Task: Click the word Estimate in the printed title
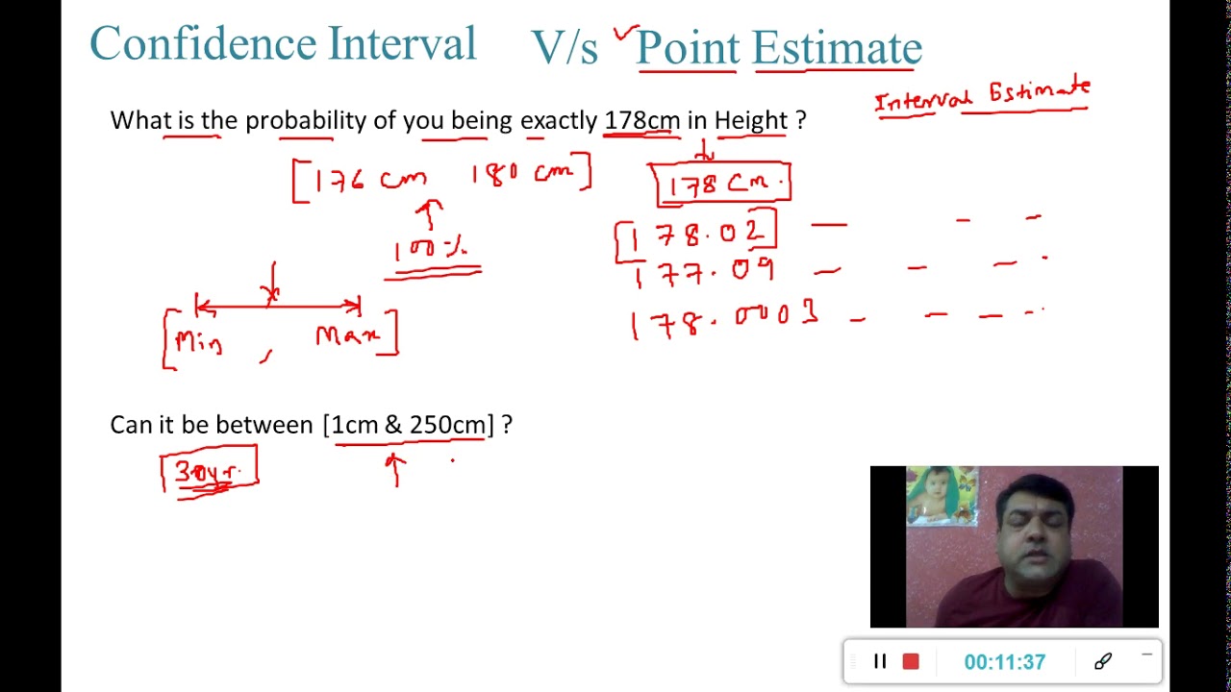(x=837, y=48)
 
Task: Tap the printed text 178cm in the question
(x=641, y=121)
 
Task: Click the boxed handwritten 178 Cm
(x=723, y=184)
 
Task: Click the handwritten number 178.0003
(x=723, y=322)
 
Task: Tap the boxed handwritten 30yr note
(x=210, y=472)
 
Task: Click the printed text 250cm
(x=447, y=425)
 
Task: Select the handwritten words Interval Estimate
(x=982, y=96)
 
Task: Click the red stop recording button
(x=911, y=661)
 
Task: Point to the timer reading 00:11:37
(x=1004, y=662)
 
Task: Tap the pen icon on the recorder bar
(x=1103, y=661)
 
